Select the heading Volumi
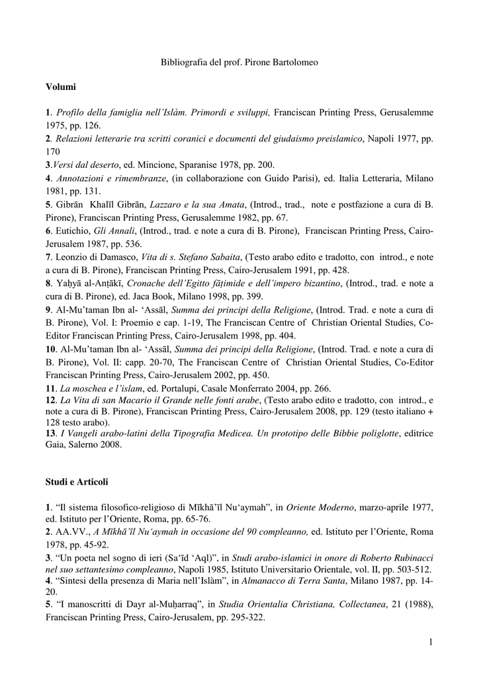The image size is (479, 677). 61,87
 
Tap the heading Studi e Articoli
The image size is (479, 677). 77,482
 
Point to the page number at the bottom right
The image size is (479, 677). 430,642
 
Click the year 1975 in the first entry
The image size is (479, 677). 58,125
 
